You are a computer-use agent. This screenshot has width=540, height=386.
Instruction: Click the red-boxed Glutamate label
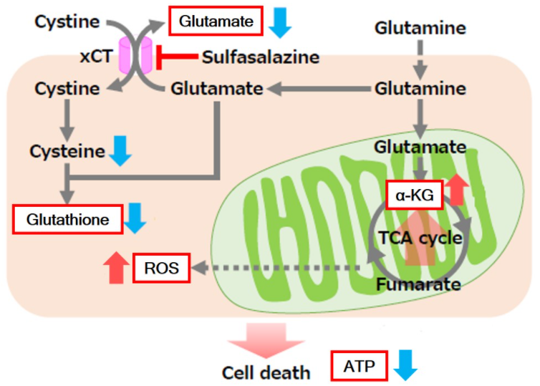point(216,21)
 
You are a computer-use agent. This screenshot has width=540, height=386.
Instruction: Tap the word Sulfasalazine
point(261,57)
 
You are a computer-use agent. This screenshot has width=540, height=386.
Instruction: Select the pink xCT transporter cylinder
point(135,55)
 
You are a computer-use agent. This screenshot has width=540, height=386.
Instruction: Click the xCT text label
point(96,56)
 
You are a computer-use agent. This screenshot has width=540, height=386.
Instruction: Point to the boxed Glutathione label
point(68,219)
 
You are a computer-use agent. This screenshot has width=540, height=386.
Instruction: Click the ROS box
point(162,268)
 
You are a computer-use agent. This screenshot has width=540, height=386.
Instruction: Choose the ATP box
point(360,366)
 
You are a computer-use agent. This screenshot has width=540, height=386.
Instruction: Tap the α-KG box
point(414,195)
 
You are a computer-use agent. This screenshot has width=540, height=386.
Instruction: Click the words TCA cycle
point(420,238)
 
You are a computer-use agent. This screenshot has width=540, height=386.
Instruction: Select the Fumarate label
point(418,284)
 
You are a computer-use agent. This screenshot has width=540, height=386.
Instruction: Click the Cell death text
point(266,373)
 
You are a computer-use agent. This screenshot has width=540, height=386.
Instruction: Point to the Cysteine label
point(67,152)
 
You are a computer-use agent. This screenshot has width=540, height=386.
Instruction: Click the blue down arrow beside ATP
point(405,365)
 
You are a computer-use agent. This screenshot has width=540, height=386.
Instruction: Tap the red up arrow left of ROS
point(117,268)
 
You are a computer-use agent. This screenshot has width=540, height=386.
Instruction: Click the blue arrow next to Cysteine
point(120,151)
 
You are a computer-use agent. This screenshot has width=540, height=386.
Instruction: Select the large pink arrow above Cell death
point(266,340)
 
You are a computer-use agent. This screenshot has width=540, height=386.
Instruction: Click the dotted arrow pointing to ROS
point(276,268)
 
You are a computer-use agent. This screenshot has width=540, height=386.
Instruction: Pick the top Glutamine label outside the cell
point(420,28)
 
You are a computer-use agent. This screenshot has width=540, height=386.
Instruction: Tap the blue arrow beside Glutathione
point(135,218)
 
